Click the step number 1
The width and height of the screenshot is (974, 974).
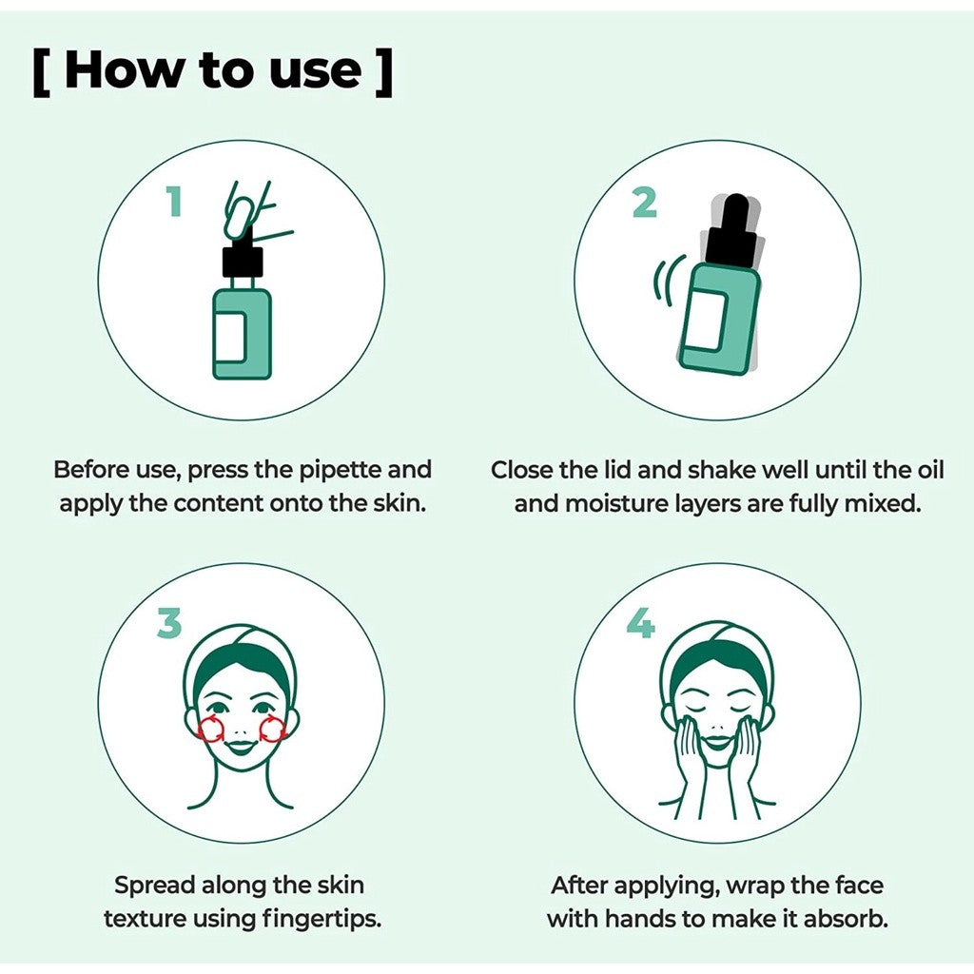pyautogui.click(x=173, y=202)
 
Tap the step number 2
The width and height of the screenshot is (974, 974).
pyautogui.click(x=644, y=202)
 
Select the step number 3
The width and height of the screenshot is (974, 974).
pyautogui.click(x=168, y=624)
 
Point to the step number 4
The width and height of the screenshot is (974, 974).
pyautogui.click(x=640, y=624)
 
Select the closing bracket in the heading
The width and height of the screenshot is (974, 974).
pyautogui.click(x=382, y=72)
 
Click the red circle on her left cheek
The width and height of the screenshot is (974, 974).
pyautogui.click(x=272, y=729)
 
